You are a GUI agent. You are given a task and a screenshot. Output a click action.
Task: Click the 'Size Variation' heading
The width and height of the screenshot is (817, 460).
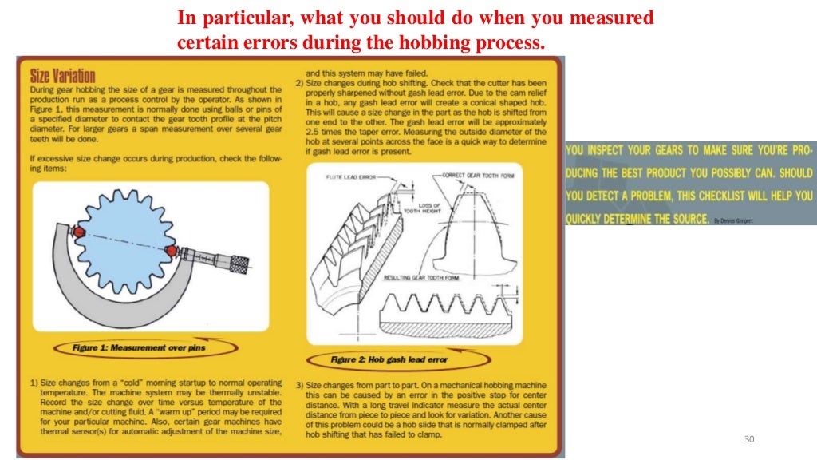(x=62, y=77)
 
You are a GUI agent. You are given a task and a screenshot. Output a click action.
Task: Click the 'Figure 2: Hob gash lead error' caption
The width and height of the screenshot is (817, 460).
(x=389, y=359)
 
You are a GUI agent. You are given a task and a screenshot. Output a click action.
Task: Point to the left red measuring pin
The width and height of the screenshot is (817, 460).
(x=78, y=232)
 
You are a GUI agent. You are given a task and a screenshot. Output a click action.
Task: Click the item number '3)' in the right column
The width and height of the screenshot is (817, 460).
(x=300, y=384)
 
